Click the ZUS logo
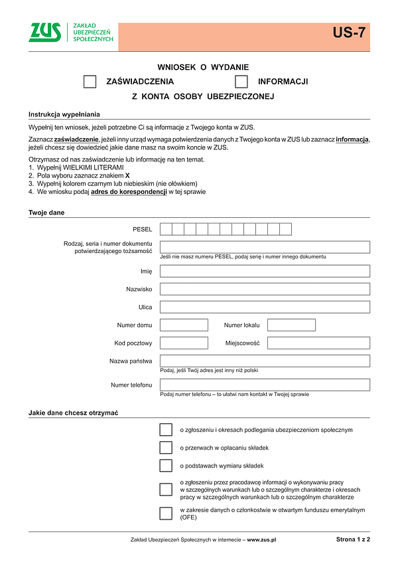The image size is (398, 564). tap(44, 33)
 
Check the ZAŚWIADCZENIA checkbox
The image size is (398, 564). tap(90, 82)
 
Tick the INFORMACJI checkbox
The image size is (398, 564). tap(241, 82)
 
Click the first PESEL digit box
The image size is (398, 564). tap(166, 229)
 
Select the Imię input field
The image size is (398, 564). tap(265, 271)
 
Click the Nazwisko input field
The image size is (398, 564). tap(265, 289)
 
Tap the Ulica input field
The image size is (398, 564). tap(265, 307)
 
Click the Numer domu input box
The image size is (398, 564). tap(184, 325)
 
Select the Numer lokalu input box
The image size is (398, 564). tap(291, 325)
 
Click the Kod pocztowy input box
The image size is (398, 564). tap(184, 343)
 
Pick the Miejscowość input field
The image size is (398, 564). tap(318, 343)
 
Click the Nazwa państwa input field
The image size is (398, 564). tap(265, 361)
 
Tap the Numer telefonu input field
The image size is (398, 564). tap(265, 385)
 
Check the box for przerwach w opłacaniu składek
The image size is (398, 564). tap(166, 448)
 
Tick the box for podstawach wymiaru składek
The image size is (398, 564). tap(166, 465)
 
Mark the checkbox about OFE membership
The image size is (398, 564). tap(166, 514)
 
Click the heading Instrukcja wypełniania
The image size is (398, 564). tap(64, 114)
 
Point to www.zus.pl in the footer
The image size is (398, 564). tap(261, 540)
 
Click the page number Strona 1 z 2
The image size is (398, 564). tap(353, 539)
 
